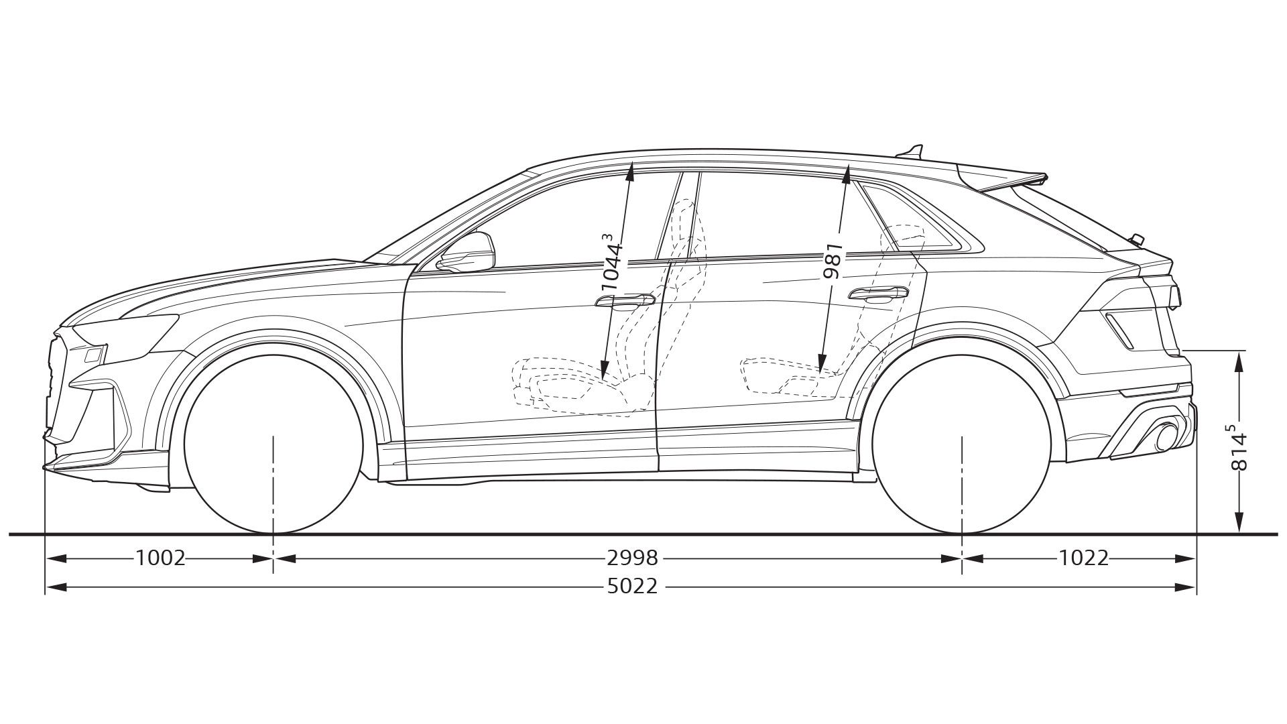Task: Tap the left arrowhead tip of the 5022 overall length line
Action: click(x=46, y=587)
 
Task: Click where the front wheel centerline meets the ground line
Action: click(x=273, y=534)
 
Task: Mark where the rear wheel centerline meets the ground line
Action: click(x=962, y=534)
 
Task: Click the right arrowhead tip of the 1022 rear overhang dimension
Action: click(x=1196, y=558)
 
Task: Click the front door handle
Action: click(x=625, y=300)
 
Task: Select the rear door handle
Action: click(x=877, y=293)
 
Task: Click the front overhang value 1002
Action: click(x=160, y=558)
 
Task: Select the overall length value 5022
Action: click(x=632, y=587)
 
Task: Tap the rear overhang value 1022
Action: click(x=1084, y=558)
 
